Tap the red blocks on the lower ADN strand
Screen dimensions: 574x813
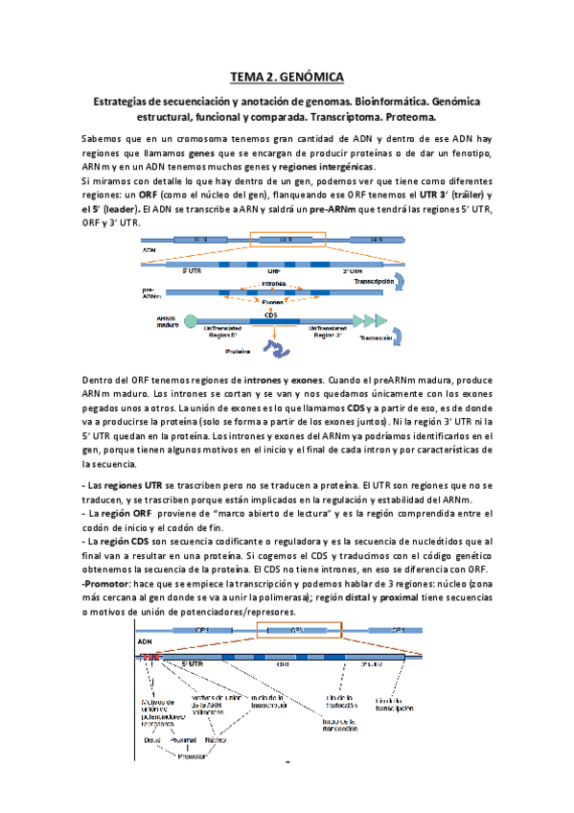coord(151,657)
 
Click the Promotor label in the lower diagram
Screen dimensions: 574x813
coord(195,754)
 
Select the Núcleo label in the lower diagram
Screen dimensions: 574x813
coord(217,739)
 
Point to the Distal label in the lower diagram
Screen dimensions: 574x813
coord(151,739)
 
